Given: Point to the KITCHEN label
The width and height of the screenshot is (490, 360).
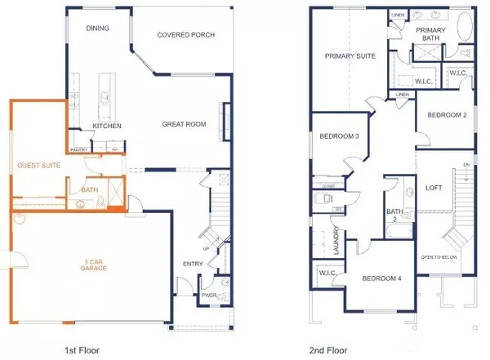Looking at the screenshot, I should [107, 127].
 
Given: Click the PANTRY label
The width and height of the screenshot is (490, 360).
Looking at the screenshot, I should [78, 150].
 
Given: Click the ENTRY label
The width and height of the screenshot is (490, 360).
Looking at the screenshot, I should [194, 264].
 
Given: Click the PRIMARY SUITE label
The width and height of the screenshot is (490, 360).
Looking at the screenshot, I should [350, 56].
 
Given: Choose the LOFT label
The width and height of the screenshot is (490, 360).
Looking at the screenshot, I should [433, 187].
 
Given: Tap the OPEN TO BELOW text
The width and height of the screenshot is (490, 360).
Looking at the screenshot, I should [439, 256].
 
